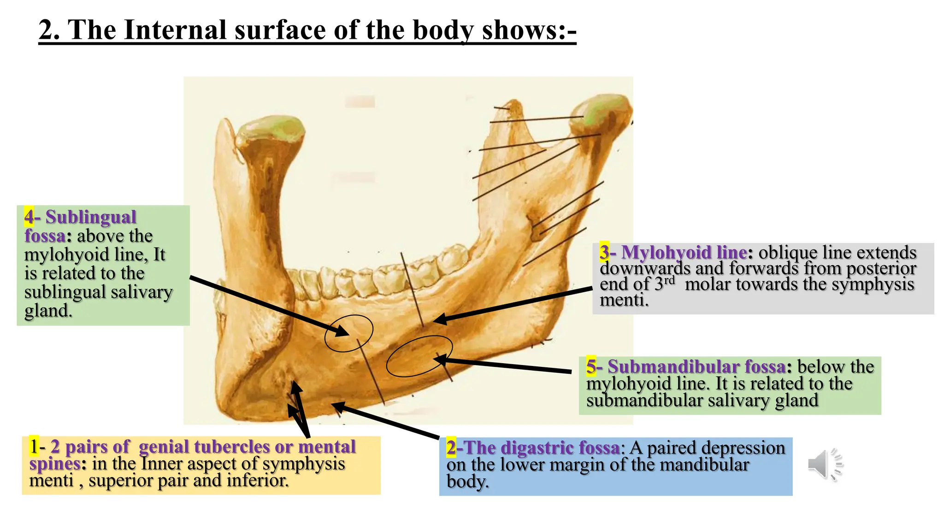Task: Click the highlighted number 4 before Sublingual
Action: (29, 217)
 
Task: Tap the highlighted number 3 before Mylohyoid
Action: (604, 252)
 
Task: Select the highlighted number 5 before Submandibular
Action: (591, 366)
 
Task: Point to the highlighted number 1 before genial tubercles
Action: (34, 446)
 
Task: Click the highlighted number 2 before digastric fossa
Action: (451, 448)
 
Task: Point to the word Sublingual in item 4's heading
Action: (90, 217)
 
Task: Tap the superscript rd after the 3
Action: (669, 280)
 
